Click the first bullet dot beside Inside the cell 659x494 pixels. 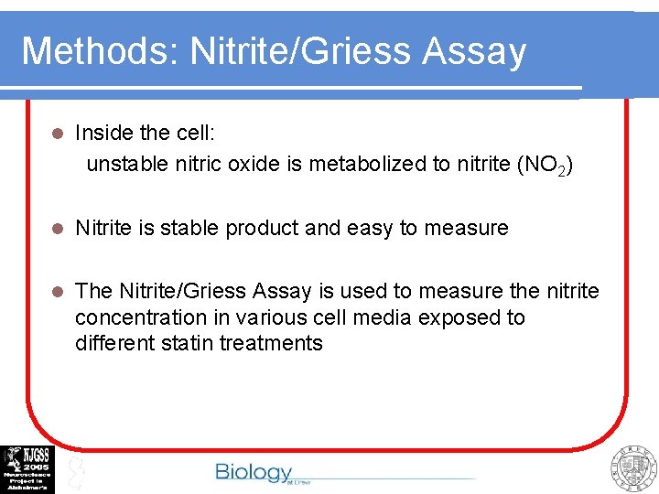[x=57, y=134]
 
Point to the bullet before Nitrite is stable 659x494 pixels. [x=57, y=229]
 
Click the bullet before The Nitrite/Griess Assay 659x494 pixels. [x=57, y=292]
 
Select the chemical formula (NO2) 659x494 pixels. [x=546, y=166]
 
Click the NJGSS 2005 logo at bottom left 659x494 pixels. [x=27, y=469]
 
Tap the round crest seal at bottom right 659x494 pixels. [x=634, y=468]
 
